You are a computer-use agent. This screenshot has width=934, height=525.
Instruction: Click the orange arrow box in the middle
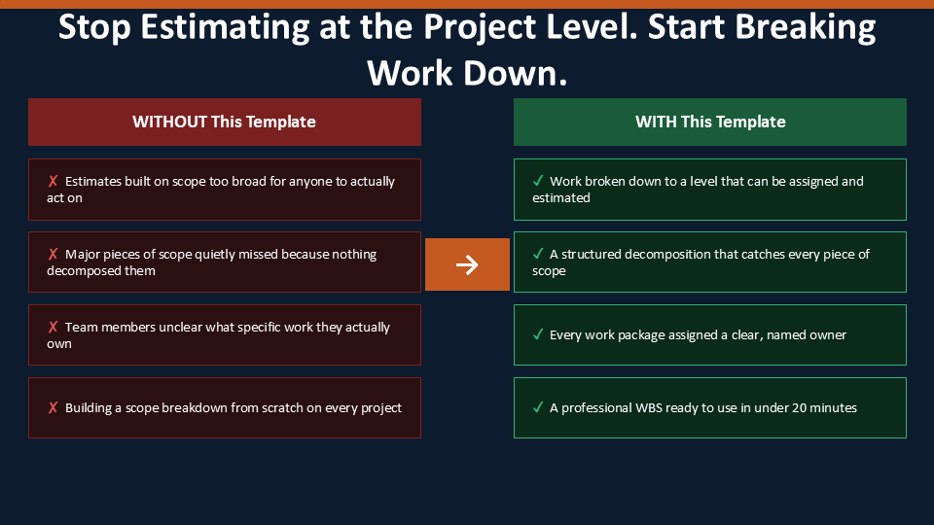(x=467, y=264)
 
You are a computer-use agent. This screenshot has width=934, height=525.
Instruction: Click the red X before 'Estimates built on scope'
(x=53, y=181)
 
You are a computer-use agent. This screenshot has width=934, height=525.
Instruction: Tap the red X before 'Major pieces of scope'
(x=53, y=254)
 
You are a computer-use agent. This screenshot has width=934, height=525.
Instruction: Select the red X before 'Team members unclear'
(x=53, y=327)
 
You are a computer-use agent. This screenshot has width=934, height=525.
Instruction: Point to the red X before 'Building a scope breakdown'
(x=53, y=407)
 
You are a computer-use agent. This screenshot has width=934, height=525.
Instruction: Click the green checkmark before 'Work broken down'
(x=538, y=181)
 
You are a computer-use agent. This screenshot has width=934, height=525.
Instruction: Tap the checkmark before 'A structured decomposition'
(x=538, y=254)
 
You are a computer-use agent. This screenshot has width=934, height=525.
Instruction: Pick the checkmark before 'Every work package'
(x=538, y=334)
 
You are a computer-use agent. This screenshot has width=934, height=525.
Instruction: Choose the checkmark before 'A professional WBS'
(x=538, y=407)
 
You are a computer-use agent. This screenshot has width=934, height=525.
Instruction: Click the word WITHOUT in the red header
(x=169, y=122)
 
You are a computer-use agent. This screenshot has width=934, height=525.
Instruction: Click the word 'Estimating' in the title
(x=225, y=28)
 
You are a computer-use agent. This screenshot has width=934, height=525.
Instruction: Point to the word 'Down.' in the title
(x=516, y=73)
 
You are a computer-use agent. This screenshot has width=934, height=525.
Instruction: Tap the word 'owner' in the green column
(x=827, y=335)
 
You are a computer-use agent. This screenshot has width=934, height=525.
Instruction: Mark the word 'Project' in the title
(x=481, y=28)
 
